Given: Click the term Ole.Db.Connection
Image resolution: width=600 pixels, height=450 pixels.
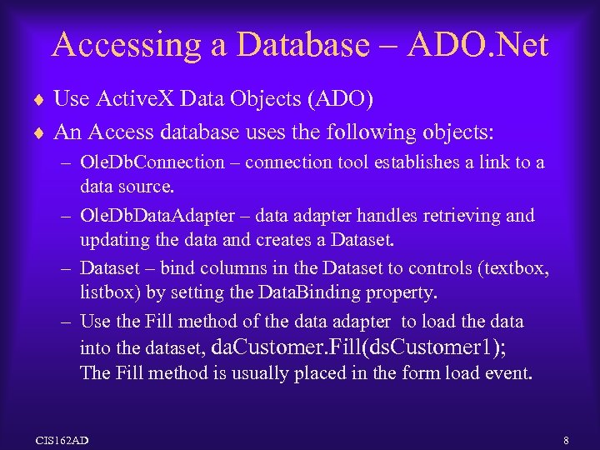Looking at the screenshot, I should (x=152, y=162).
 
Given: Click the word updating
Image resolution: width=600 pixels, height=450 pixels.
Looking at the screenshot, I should (x=112, y=242).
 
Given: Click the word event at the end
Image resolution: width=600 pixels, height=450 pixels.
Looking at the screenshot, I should (x=509, y=373).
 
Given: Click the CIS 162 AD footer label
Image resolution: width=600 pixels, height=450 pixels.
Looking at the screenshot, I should (x=62, y=438).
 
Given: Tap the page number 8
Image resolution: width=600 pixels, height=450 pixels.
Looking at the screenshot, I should (x=566, y=438).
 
